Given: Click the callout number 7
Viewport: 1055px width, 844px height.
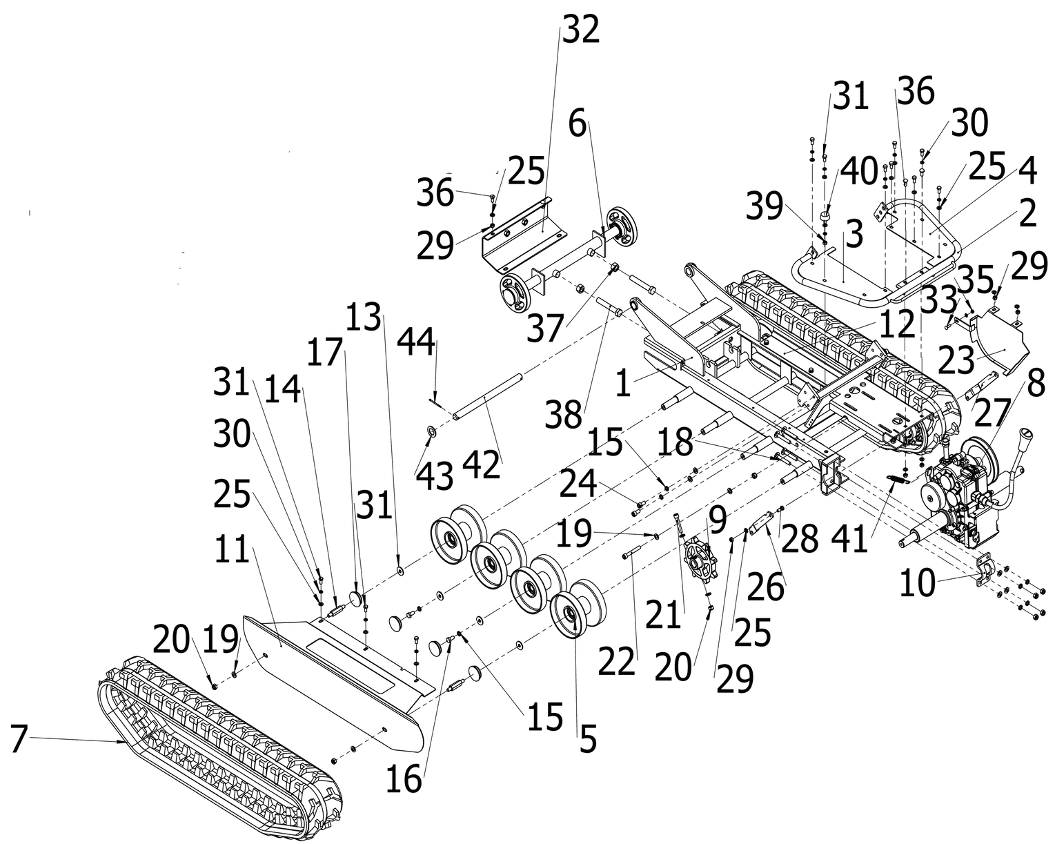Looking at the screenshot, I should [x=19, y=740].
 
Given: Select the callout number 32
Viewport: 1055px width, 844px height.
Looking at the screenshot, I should [x=581, y=31].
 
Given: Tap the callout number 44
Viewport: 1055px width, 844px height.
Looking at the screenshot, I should [x=416, y=343].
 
